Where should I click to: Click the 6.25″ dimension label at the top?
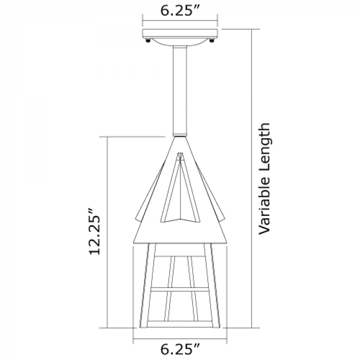(x=179, y=11)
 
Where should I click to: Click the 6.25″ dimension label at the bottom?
(x=179, y=349)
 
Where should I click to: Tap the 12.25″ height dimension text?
(x=95, y=231)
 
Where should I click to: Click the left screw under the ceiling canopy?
(x=148, y=41)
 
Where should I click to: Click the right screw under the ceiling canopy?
(x=212, y=41)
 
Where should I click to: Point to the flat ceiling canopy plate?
(x=180, y=33)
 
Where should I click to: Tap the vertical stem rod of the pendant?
(x=180, y=90)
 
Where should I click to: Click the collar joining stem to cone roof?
(x=180, y=135)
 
